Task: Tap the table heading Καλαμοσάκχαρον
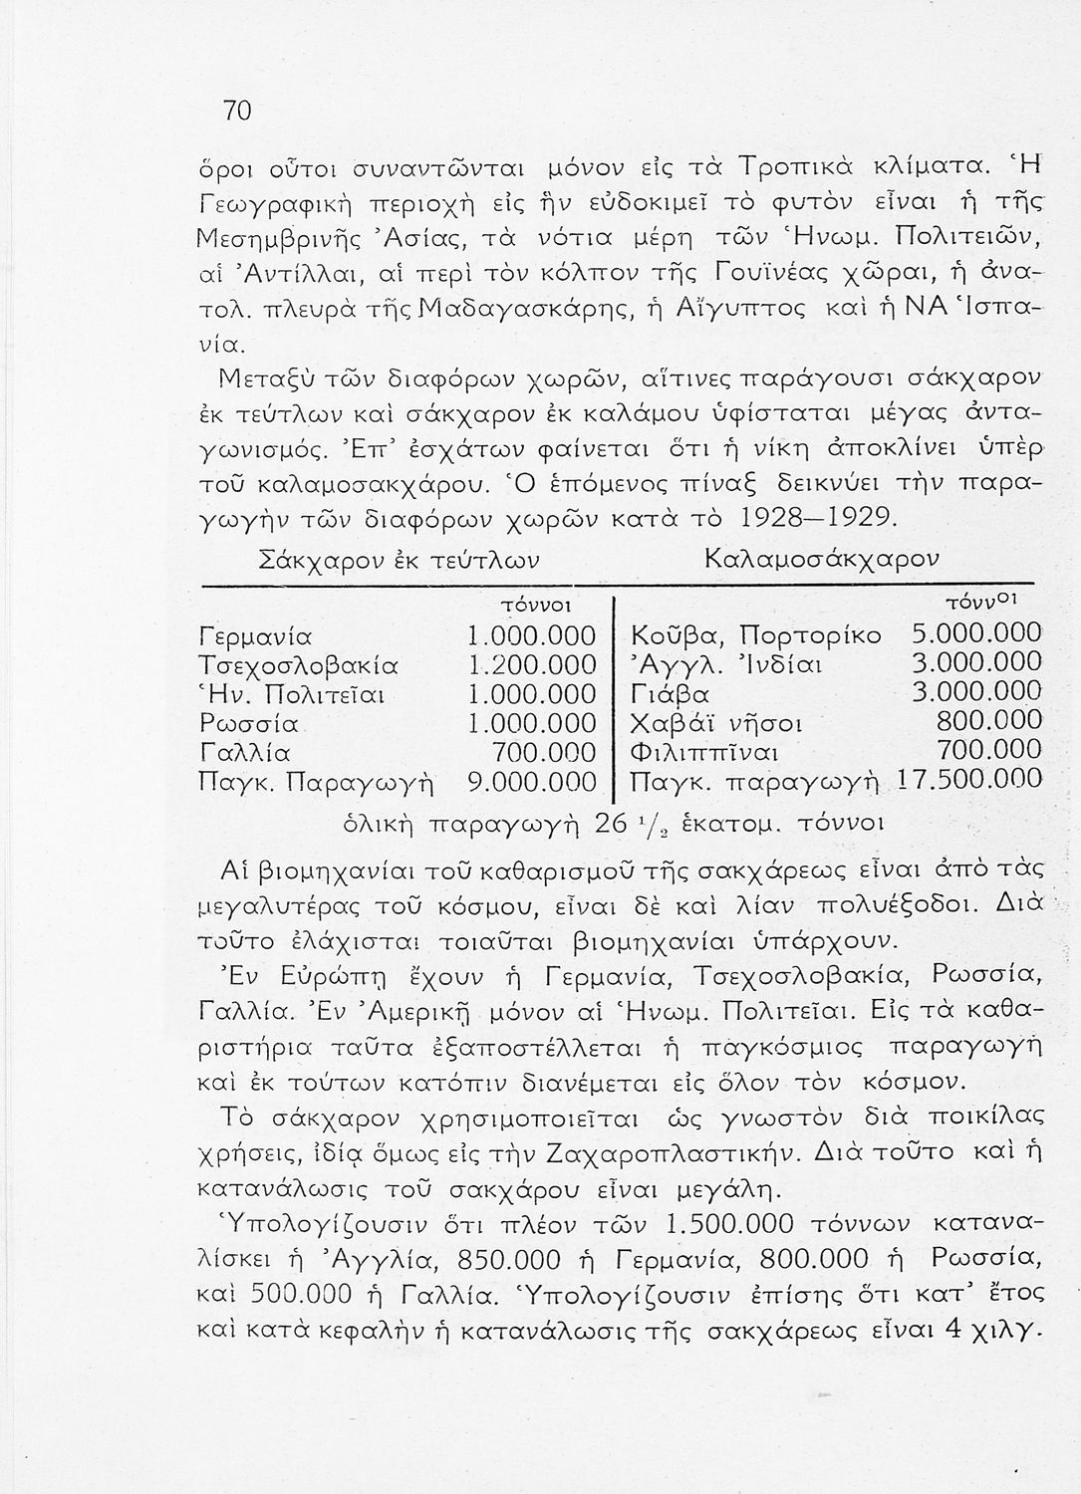click(821, 558)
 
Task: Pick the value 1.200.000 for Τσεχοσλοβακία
click(531, 663)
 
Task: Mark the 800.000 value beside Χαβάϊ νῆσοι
click(990, 721)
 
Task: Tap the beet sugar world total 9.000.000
click(531, 781)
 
